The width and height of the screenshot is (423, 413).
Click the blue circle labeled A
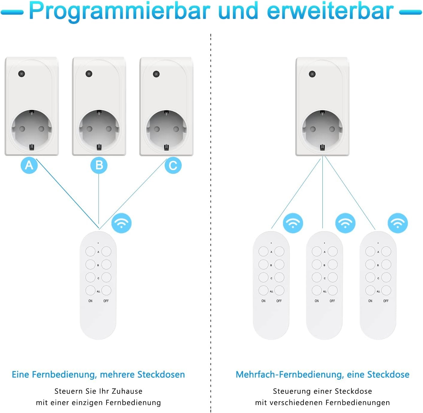(x=29, y=165)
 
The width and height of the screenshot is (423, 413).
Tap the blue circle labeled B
(x=99, y=165)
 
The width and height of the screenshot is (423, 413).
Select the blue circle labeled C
(x=173, y=165)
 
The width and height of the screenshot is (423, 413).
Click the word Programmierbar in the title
(x=119, y=11)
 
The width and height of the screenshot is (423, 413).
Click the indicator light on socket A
(x=22, y=74)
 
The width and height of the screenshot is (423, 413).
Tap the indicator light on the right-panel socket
(x=312, y=74)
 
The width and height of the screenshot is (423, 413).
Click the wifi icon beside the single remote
(x=122, y=223)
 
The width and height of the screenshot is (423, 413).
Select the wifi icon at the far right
(x=398, y=223)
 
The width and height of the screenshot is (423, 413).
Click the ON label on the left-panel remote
(x=90, y=301)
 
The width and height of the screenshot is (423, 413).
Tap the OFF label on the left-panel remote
(x=106, y=301)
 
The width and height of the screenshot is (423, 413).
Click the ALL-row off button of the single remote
(x=106, y=290)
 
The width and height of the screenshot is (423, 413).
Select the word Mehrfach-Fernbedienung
(x=290, y=375)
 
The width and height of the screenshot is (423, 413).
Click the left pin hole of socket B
(x=90, y=129)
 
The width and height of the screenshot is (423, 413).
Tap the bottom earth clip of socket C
(x=166, y=147)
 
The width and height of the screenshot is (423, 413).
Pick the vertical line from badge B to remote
(x=99, y=199)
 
